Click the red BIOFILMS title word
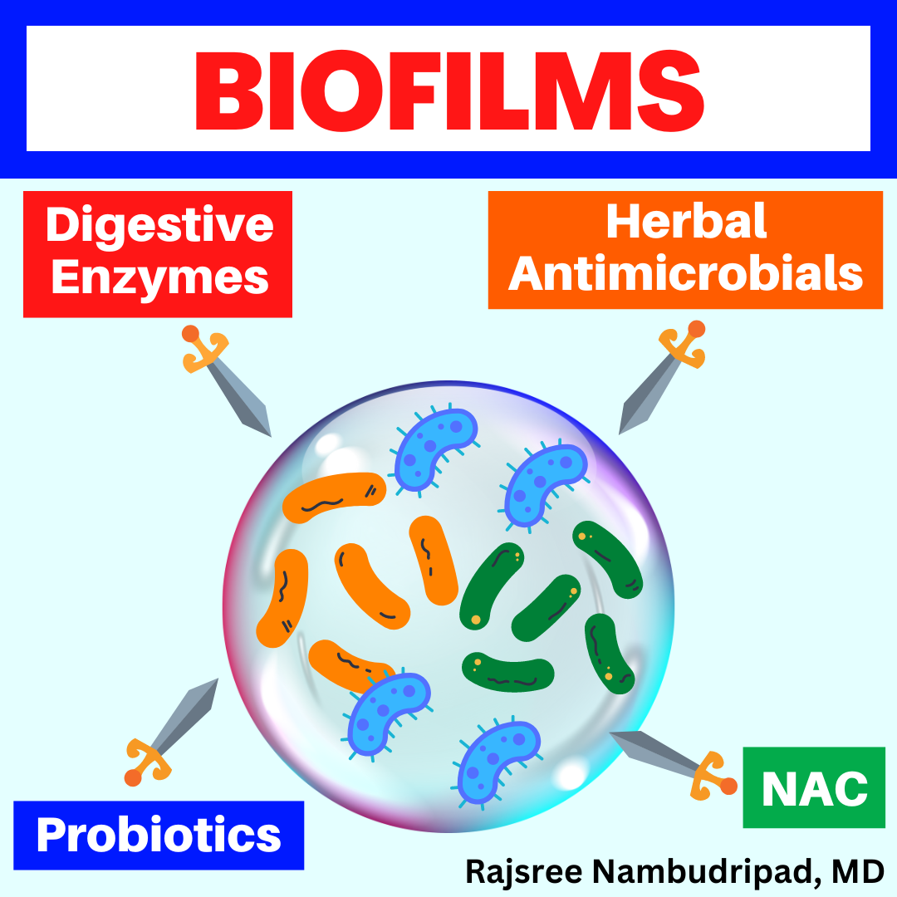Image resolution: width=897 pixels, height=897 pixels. pyautogui.click(x=449, y=91)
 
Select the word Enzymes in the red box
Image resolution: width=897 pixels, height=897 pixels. pyautogui.click(x=159, y=278)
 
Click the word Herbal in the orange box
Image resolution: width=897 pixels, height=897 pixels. pyautogui.click(x=686, y=222)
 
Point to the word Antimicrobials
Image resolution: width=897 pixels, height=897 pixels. pyautogui.click(x=685, y=273)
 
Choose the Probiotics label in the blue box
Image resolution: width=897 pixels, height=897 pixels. pyautogui.click(x=159, y=836)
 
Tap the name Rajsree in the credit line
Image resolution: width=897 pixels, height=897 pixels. pyautogui.click(x=523, y=872)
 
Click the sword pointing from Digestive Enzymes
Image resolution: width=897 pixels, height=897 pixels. pyautogui.click(x=226, y=380)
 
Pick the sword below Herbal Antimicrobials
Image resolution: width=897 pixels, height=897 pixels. pyautogui.click(x=663, y=377)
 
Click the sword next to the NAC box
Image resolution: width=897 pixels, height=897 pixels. pyautogui.click(x=674, y=762)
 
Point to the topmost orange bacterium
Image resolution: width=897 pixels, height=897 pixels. pyautogui.click(x=334, y=498)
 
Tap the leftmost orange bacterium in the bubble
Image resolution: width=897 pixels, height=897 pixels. pyautogui.click(x=282, y=598)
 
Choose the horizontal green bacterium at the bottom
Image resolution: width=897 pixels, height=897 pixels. pyautogui.click(x=508, y=672)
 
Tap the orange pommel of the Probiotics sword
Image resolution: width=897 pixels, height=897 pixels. pyautogui.click(x=133, y=777)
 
